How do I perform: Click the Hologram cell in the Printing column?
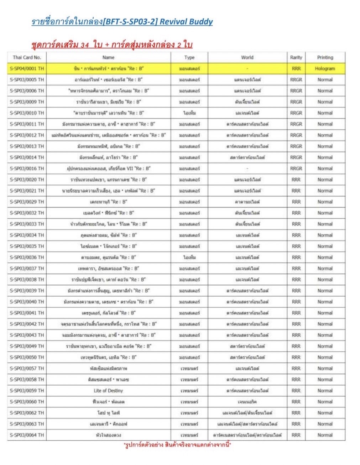pyautogui.click(x=325, y=68)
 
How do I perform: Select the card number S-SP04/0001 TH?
pyautogui.click(x=27, y=68)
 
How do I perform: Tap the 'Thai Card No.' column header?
pyautogui.click(x=27, y=57)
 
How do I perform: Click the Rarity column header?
pyautogui.click(x=296, y=57)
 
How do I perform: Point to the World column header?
pyautogui.click(x=247, y=57)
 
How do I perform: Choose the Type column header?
pyautogui.click(x=189, y=57)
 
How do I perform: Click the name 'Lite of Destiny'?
pyautogui.click(x=108, y=391)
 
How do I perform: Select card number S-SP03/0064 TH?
pyautogui.click(x=27, y=435)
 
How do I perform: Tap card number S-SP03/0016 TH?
pyautogui.click(x=27, y=168)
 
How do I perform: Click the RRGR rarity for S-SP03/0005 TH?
pyautogui.click(x=296, y=80)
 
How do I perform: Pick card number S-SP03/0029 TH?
pyautogui.click(x=27, y=202)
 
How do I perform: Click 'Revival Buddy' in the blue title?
pyautogui.click(x=186, y=22)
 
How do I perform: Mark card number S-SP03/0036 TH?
pyautogui.click(x=27, y=257)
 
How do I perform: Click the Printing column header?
pyautogui.click(x=325, y=57)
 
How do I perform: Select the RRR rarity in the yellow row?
pyautogui.click(x=296, y=68)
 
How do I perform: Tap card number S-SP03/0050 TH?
pyautogui.click(x=27, y=357)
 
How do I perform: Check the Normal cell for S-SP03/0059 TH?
pyautogui.click(x=325, y=391)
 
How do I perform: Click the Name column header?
pyautogui.click(x=108, y=57)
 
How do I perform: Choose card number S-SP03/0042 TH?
pyautogui.click(x=27, y=324)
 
